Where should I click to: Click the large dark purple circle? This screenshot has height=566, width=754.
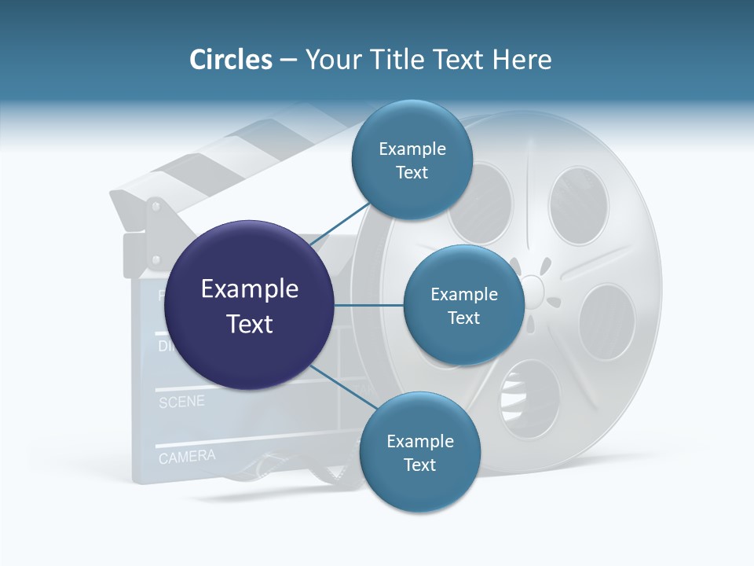coord(249,305)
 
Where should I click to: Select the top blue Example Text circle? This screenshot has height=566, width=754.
coord(412,160)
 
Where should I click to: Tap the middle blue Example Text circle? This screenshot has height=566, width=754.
coord(463,305)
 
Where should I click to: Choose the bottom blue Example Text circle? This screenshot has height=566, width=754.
coord(419,452)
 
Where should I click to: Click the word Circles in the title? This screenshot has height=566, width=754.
coord(230,60)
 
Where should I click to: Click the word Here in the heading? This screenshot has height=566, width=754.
coord(522,60)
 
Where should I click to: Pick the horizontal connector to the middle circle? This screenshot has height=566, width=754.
coord(368,305)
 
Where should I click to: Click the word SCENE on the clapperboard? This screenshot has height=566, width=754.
coord(181,402)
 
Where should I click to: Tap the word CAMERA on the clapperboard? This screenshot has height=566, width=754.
coord(187,456)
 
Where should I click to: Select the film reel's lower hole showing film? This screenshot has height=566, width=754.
coord(530,397)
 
